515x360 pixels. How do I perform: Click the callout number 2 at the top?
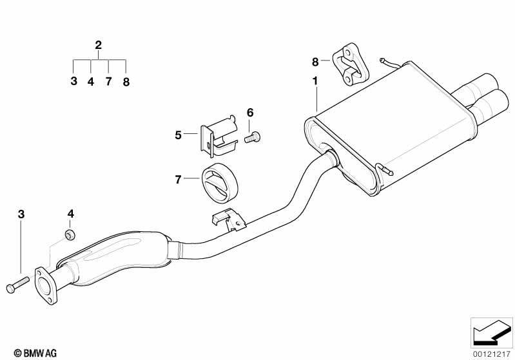98,45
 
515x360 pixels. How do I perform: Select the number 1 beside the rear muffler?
315,81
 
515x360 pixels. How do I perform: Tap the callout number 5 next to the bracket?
179,135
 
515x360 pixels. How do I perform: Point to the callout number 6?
250,113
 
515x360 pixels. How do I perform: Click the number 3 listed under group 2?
74,82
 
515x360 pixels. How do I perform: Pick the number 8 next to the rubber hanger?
315,62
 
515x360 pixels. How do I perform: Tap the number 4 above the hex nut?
71,213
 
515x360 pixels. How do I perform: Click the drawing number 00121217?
491,353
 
